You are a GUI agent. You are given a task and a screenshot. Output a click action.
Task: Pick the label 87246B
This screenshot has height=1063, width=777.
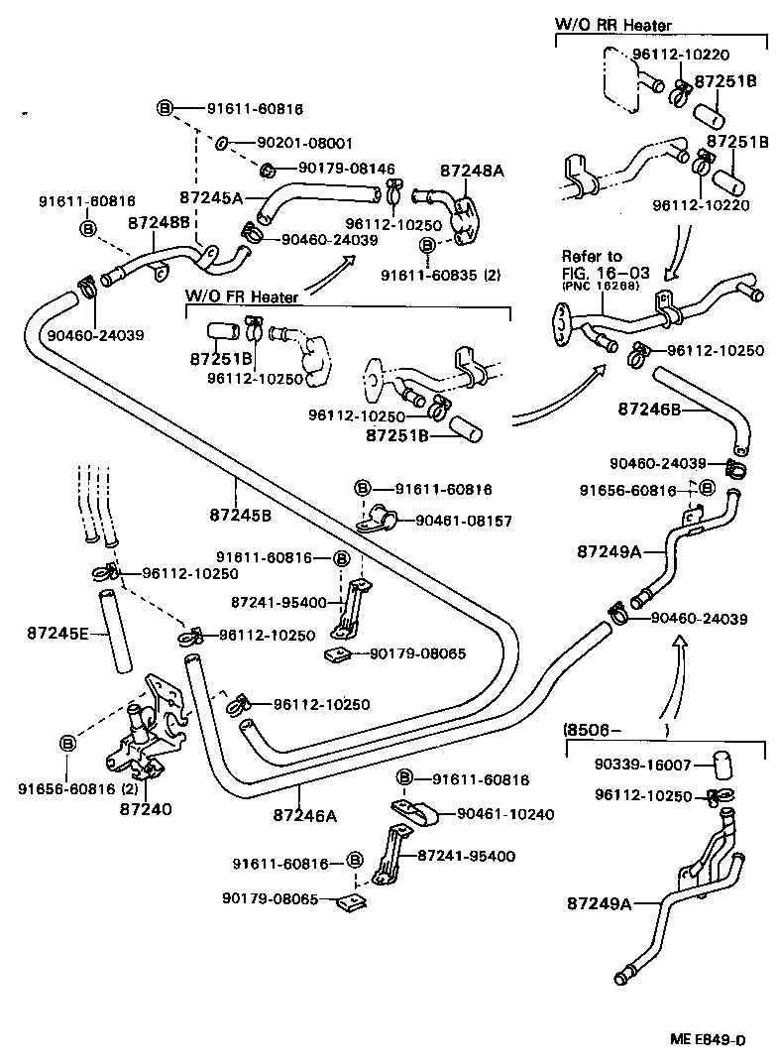coord(653,409)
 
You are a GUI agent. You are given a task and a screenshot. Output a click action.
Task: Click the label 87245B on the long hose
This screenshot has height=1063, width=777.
coord(240,515)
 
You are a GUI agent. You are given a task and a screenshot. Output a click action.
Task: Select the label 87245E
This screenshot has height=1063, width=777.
coord(57,632)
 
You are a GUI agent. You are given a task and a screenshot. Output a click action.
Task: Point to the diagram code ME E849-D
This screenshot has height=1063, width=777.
coord(706,1039)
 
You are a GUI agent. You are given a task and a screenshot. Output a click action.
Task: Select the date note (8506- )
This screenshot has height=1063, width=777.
coord(616,730)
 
